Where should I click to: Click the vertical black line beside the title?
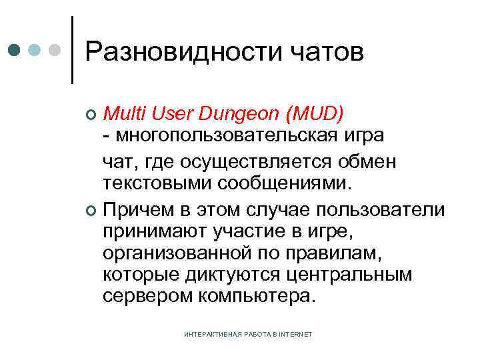click(73, 50)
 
